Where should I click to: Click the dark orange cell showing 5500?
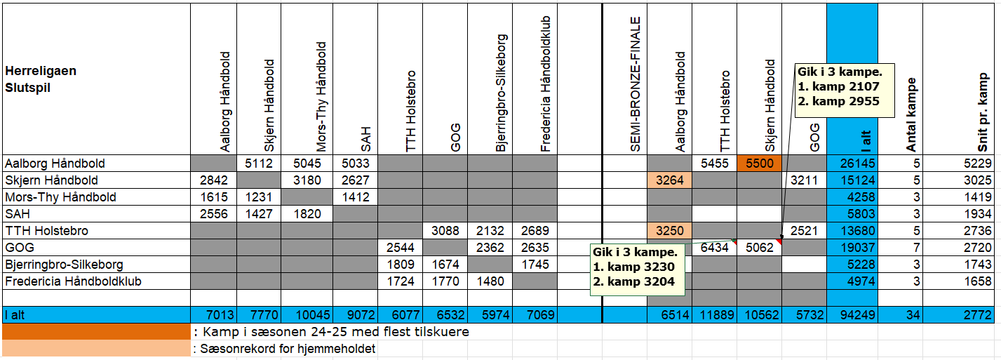tap(760, 164)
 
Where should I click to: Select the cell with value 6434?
tap(715, 248)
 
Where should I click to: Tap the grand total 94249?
tap(852, 315)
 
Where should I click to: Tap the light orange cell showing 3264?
tap(669, 180)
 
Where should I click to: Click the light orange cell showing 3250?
tap(669, 231)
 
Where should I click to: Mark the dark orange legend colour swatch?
tap(96, 331)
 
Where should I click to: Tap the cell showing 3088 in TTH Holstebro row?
tap(445, 231)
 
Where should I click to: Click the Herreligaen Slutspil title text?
tap(41, 79)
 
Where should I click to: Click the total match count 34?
tap(912, 315)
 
